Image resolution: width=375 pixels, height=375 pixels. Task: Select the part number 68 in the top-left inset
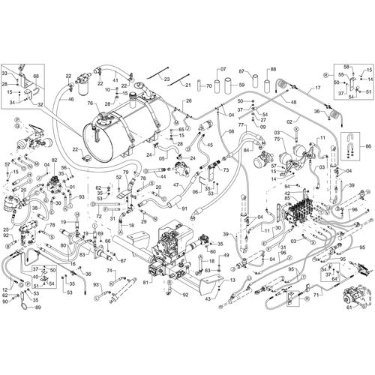pos(37,76)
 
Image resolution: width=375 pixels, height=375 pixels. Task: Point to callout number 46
pos(71,99)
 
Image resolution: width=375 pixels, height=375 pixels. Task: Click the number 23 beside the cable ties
pos(166,80)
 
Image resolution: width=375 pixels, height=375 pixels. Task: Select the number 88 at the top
pos(272,69)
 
